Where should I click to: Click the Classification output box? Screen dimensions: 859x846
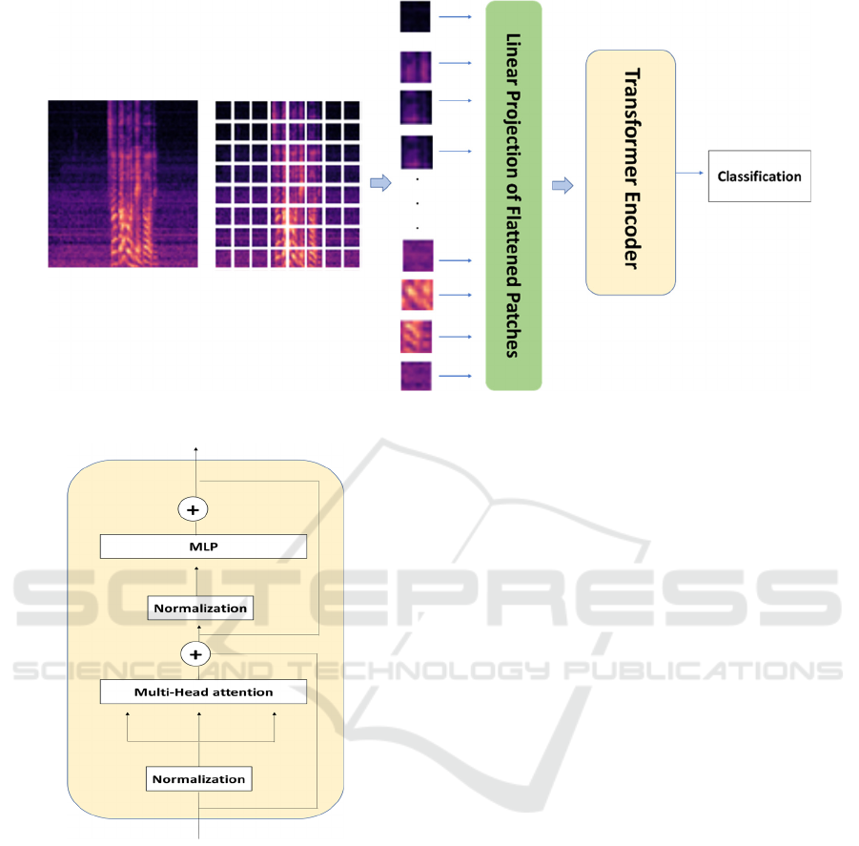(759, 175)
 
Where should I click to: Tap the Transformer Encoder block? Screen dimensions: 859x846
(629, 172)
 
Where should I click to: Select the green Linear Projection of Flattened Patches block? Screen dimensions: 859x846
(513, 196)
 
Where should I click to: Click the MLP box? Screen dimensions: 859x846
(203, 547)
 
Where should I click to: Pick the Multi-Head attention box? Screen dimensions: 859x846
(203, 691)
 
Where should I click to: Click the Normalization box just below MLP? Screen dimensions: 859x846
(200, 608)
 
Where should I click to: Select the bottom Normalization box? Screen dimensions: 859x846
(199, 778)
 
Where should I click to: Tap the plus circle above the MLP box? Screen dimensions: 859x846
(194, 510)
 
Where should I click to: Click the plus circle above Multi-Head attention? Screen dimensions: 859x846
(195, 654)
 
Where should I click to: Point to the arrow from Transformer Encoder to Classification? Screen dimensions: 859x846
(691, 175)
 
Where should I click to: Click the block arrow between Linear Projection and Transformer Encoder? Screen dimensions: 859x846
(562, 185)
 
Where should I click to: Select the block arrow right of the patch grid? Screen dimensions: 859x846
(379, 183)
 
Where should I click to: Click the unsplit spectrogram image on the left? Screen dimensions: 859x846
(123, 183)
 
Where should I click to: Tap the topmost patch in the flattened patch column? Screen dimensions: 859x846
(416, 16)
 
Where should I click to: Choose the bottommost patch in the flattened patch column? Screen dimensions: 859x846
(416, 376)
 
